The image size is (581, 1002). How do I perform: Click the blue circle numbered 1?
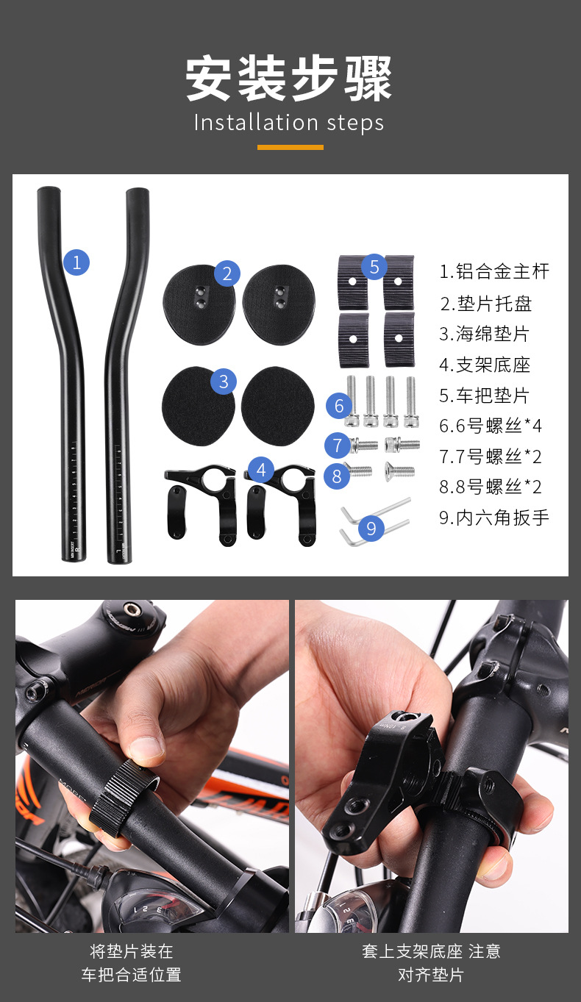(76, 262)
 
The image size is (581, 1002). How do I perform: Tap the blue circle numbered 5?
(374, 267)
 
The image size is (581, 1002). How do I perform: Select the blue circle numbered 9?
(371, 528)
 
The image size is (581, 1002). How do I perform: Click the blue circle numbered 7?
(338, 445)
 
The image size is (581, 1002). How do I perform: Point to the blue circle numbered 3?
(224, 382)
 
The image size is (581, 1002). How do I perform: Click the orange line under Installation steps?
(290, 147)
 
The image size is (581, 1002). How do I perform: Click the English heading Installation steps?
(289, 122)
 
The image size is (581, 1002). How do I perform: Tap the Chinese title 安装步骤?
(289, 79)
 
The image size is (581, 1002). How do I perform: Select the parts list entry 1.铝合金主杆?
(494, 271)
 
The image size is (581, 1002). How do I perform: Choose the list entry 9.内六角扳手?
(494, 518)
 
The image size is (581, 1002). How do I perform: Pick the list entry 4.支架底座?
(485, 365)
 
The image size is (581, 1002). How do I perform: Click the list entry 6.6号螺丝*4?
(491, 426)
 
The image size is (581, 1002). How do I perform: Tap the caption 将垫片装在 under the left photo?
(132, 951)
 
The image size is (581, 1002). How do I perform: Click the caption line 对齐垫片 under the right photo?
(431, 975)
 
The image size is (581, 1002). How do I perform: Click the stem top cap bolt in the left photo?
(132, 609)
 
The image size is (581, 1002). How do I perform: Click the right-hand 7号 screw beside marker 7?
(402, 445)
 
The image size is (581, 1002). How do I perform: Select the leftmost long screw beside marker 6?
(352, 401)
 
